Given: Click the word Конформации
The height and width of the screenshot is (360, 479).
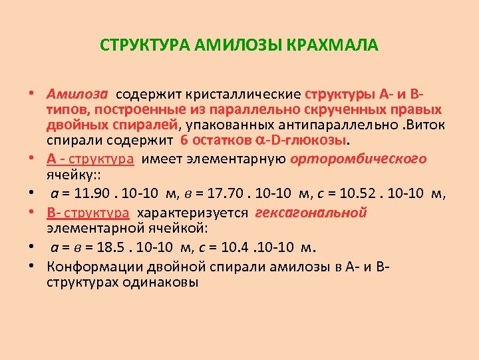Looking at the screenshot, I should click(90, 267).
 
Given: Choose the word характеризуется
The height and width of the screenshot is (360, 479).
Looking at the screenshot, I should click(192, 213).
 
